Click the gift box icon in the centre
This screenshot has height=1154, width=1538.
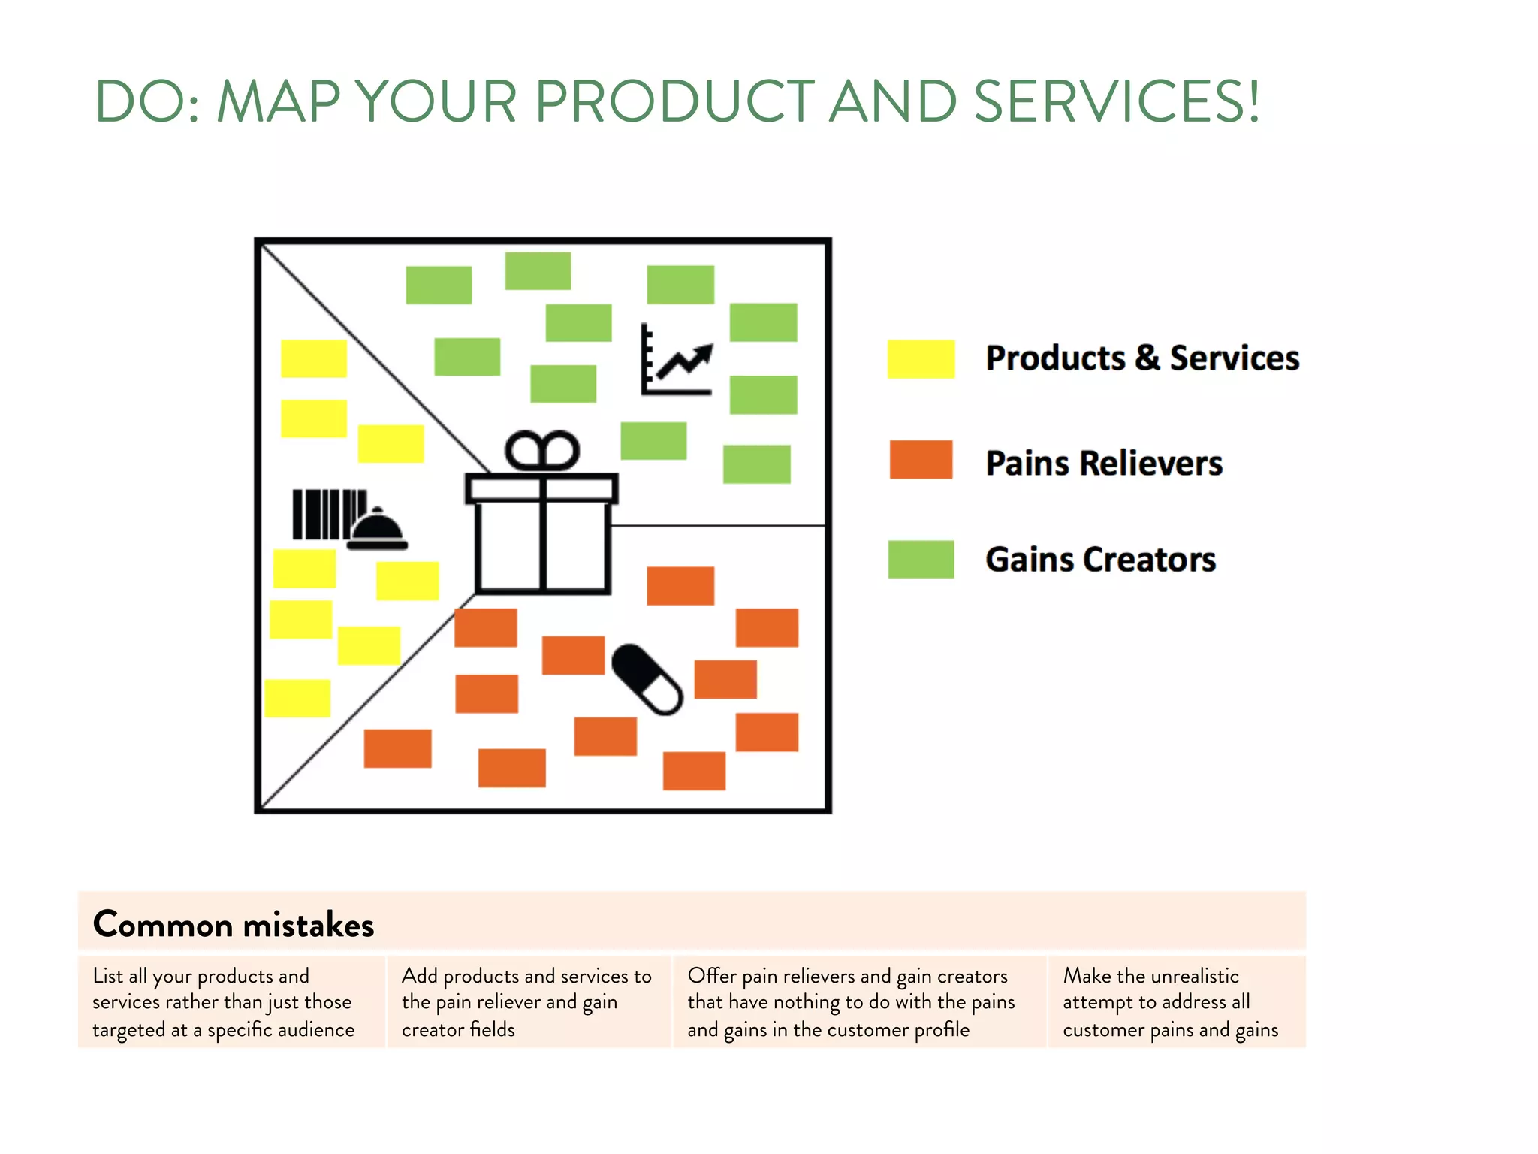(541, 526)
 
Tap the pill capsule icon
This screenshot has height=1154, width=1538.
(647, 679)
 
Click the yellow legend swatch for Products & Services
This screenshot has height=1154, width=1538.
(921, 358)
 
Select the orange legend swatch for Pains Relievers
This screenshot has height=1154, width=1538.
(921, 460)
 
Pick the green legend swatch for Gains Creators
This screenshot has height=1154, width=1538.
(921, 560)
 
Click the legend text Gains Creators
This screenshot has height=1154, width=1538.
(1100, 560)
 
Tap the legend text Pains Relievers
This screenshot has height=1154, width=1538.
(1104, 463)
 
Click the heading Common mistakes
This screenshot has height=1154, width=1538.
(234, 924)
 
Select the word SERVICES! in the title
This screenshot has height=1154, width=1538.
(1117, 101)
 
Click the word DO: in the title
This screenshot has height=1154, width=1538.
(148, 101)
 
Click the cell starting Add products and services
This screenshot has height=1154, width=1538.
(527, 1002)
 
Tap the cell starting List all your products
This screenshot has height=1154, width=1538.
(224, 1002)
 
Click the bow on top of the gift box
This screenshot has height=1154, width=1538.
(541, 451)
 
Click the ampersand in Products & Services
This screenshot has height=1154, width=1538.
(1147, 358)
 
